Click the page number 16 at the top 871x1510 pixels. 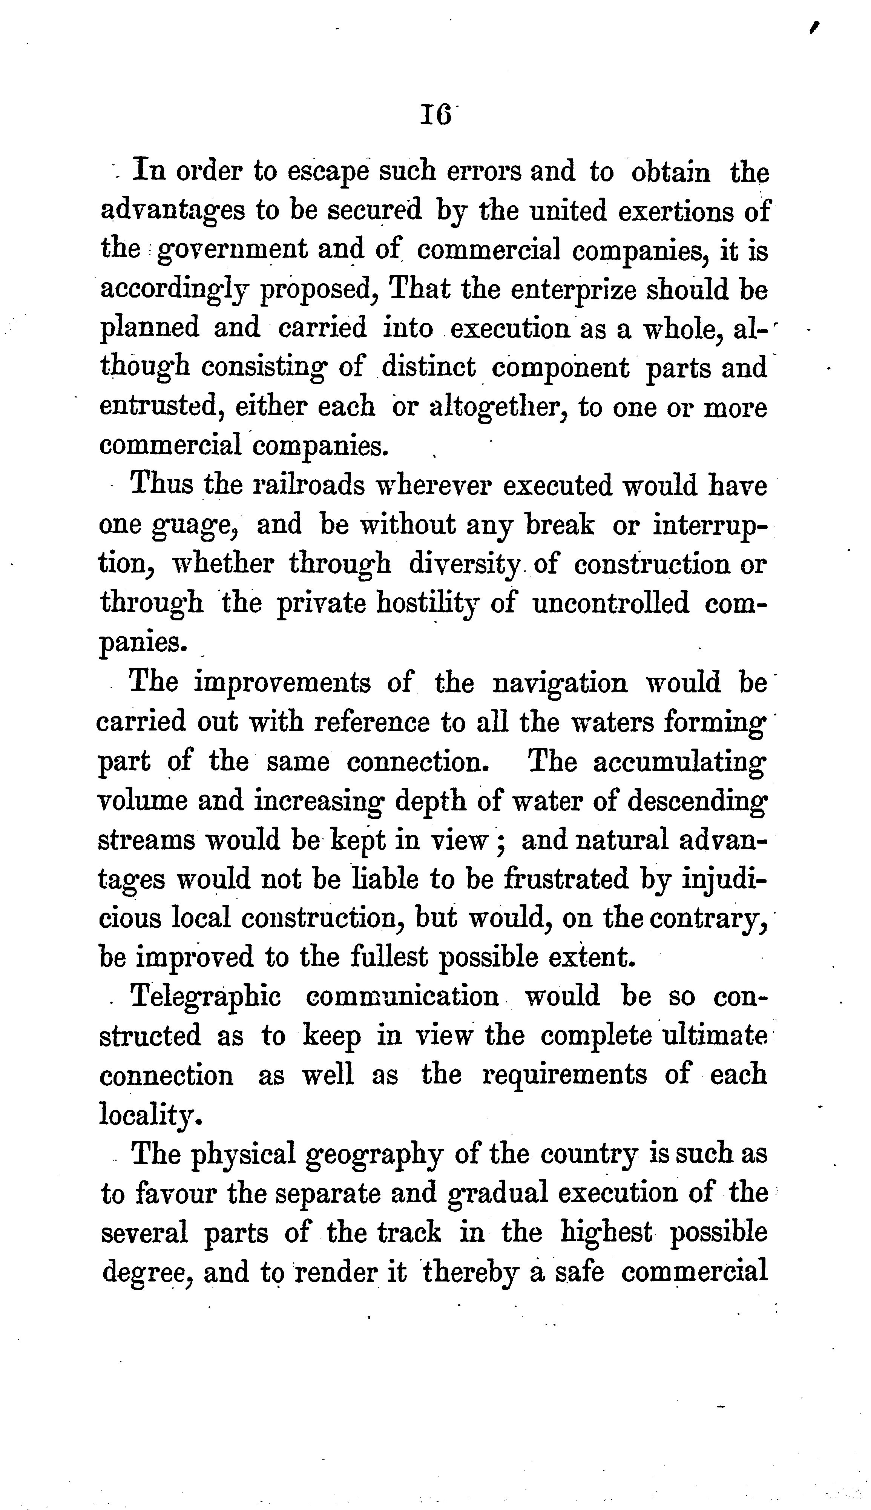point(436,114)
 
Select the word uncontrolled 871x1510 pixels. point(611,603)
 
